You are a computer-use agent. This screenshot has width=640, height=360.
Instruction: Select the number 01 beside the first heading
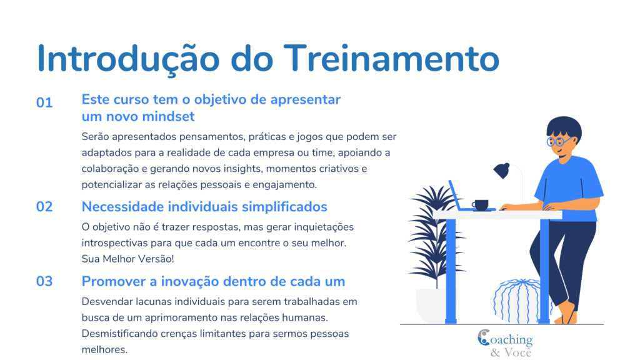point(44,103)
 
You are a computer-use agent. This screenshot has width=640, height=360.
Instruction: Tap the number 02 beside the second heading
point(44,207)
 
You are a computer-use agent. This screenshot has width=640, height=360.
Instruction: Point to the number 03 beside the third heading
point(44,282)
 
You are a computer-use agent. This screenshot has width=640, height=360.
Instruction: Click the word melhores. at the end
point(104,350)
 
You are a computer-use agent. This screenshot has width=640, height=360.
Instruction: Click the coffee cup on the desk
point(481,204)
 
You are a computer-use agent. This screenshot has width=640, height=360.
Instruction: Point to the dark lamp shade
point(502,170)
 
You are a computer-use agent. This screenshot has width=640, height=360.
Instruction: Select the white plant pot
point(431,306)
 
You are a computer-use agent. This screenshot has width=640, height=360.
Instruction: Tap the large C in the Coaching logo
point(484,337)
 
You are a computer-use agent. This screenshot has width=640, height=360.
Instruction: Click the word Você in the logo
point(517,352)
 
